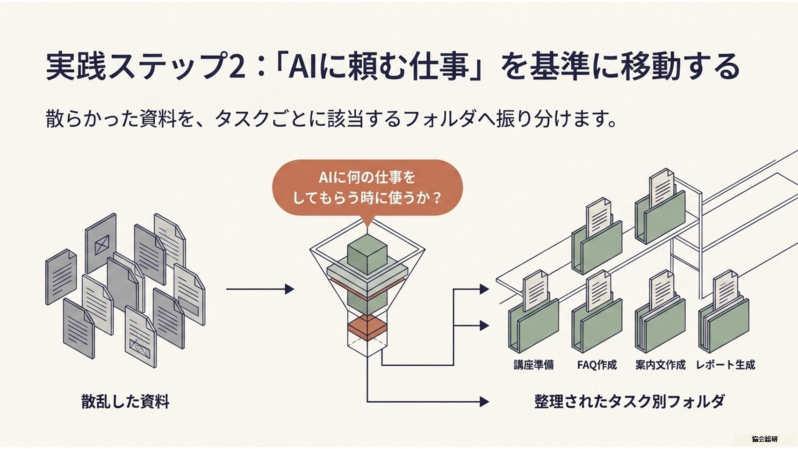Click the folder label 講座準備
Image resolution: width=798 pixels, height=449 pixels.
pos(534,364)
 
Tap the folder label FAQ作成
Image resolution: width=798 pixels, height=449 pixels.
pos(597,364)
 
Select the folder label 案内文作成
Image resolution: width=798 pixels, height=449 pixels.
pos(660,364)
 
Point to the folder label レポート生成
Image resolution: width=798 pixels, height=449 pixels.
pos(726,364)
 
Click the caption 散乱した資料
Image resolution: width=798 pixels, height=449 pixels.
pos(125,401)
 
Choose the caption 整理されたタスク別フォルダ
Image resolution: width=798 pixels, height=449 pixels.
pos(629,401)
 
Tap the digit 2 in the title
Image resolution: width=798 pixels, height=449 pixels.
pos(237,66)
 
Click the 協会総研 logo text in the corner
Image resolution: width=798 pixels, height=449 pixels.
pos(764,439)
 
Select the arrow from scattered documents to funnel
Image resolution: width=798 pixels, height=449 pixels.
pos(260,289)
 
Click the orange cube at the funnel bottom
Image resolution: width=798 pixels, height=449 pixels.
pos(367,327)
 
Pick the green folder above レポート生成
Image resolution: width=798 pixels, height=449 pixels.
pos(724,324)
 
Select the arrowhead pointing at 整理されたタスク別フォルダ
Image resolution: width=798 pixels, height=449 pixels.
pos(484,402)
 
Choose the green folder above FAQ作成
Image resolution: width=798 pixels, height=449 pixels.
pos(597,324)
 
